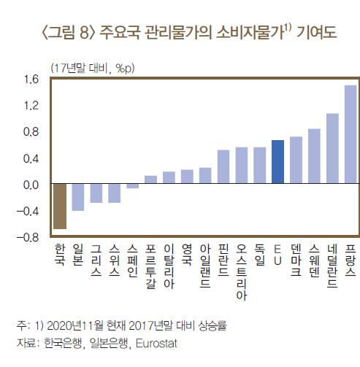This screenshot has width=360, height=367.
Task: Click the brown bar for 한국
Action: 60,206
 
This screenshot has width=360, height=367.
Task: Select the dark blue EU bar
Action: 277,162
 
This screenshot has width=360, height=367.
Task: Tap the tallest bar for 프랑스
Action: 350,135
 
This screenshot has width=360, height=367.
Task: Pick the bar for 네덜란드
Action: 332,149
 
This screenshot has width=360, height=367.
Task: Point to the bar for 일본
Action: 78,197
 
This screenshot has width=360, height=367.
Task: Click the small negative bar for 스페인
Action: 132,187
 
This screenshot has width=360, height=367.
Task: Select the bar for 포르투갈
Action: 150,180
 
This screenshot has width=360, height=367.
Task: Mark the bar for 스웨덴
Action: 314,156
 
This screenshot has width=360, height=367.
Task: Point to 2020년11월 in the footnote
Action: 68,325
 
